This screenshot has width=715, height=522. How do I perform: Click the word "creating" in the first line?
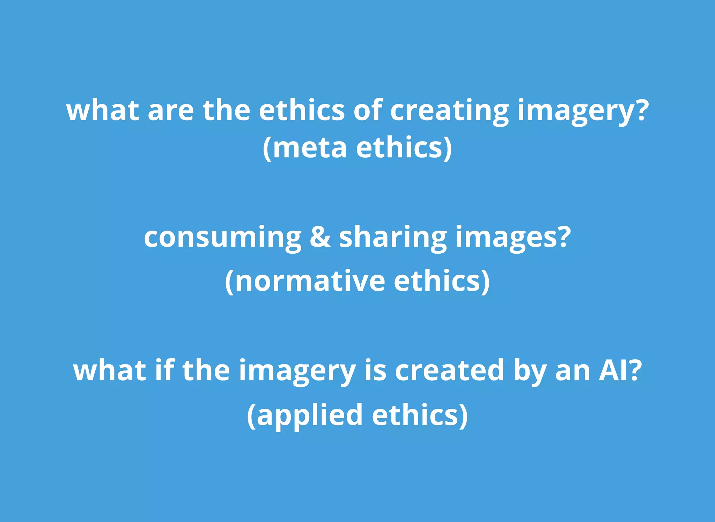coord(449,110)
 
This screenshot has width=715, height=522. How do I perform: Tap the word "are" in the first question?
coord(170,110)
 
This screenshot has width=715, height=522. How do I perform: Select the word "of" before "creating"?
coord(368,110)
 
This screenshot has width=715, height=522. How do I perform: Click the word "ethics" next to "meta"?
coord(404,148)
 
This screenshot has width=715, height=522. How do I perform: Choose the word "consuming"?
coord(222,237)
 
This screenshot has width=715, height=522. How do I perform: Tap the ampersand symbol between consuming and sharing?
coord(320,237)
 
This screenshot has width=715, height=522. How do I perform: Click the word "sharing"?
coord(393,237)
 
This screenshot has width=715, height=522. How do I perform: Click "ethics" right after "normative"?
coord(442,281)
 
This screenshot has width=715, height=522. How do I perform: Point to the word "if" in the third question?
coord(164,370)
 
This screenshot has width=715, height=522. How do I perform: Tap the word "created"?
coord(450,370)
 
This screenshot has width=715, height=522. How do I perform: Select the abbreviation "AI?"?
coord(620,370)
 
